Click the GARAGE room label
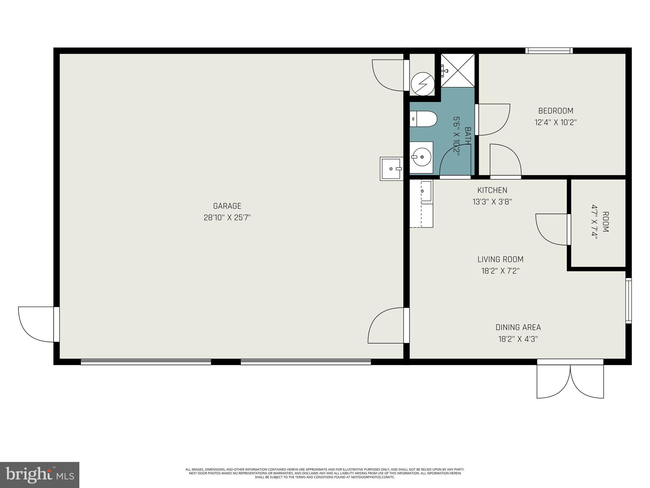(227, 206)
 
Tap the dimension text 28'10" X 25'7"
(227, 218)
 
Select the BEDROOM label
(555, 111)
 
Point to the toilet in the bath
(424, 119)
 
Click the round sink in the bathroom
(421, 157)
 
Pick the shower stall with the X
(458, 70)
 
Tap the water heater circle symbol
(422, 84)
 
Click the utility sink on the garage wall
(391, 169)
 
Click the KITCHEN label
(492, 190)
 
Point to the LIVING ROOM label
(500, 259)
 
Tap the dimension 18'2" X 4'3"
(518, 339)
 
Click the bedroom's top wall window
(549, 51)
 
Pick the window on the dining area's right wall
(628, 301)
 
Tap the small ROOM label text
(605, 222)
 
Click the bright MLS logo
(40, 475)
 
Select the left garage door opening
(146, 362)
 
